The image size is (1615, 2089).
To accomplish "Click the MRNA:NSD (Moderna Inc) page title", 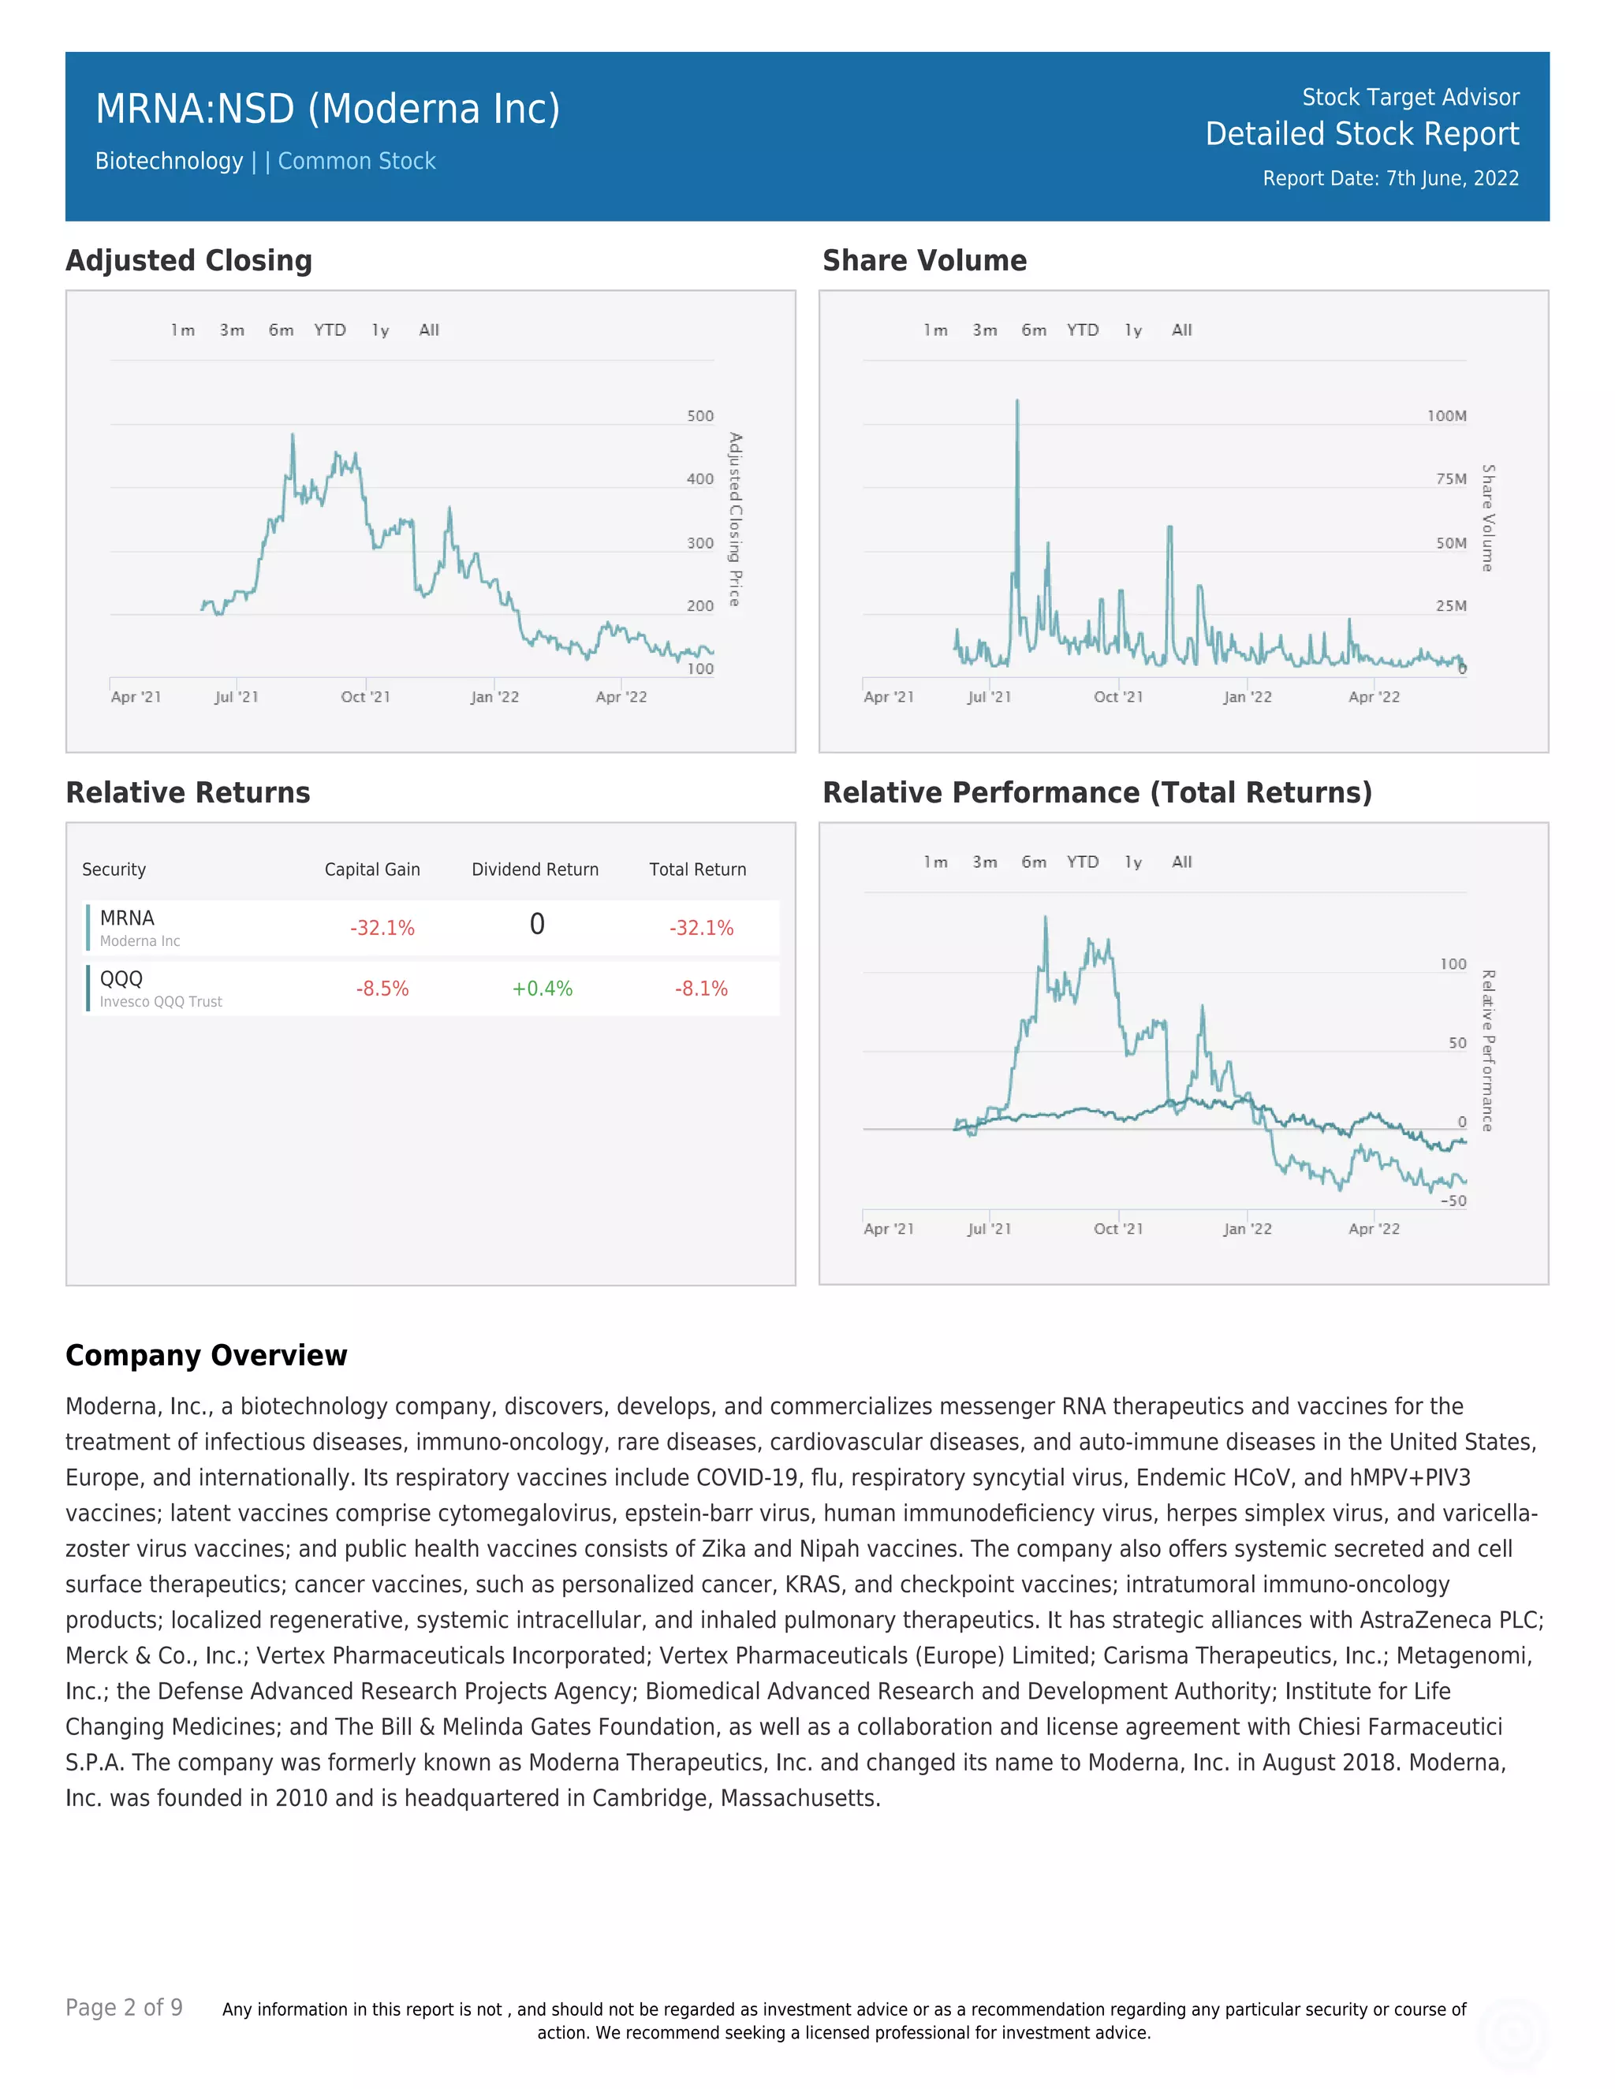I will pos(327,109).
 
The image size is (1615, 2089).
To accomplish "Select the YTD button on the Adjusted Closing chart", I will pos(330,330).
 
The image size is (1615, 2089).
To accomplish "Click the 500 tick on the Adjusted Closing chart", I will pos(700,416).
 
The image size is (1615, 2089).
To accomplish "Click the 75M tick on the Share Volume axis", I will pos(1450,479).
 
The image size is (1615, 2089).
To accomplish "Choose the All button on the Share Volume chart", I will pos(1181,330).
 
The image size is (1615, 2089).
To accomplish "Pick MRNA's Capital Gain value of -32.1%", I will pos(382,928).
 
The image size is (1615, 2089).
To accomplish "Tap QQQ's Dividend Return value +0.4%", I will pos(542,989).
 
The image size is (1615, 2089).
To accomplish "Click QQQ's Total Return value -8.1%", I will pos(700,989).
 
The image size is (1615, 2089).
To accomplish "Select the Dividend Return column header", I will pos(535,869).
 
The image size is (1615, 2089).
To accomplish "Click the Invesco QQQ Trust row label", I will pos(161,1001).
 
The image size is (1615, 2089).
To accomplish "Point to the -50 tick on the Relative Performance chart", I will pos(1453,1201).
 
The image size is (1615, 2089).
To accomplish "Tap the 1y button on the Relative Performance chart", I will pos(1133,862).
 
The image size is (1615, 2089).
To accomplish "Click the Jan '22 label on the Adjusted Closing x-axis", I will pos(494,698).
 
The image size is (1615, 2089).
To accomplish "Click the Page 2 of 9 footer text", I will pos(125,2007).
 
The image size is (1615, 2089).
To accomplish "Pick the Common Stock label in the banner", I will pos(357,162).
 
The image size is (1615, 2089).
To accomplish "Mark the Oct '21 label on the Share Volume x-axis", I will pos(1117,698).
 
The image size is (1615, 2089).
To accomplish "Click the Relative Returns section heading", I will pos(188,793).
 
